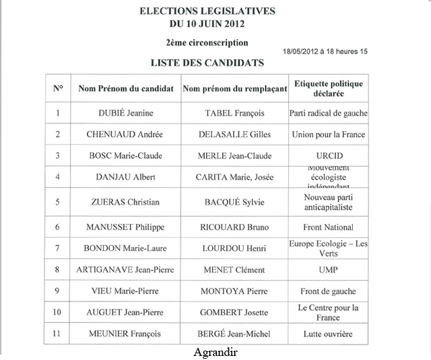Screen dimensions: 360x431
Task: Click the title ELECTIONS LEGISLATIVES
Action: pos(207,11)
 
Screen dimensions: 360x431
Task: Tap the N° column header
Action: pos(58,88)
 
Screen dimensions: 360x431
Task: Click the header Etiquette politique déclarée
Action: pos(329,88)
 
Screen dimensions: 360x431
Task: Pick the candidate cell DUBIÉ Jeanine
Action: pos(126,114)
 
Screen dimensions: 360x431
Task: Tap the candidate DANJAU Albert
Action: pos(126,177)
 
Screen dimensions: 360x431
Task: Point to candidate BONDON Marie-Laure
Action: pos(126,248)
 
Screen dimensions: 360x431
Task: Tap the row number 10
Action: pos(58,313)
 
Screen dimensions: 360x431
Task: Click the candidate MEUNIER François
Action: pos(126,334)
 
